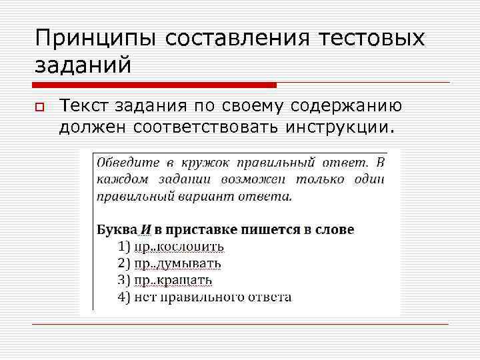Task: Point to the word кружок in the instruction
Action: pos(200,162)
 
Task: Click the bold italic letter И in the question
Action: pos(145,229)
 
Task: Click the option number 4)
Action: pos(124,297)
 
